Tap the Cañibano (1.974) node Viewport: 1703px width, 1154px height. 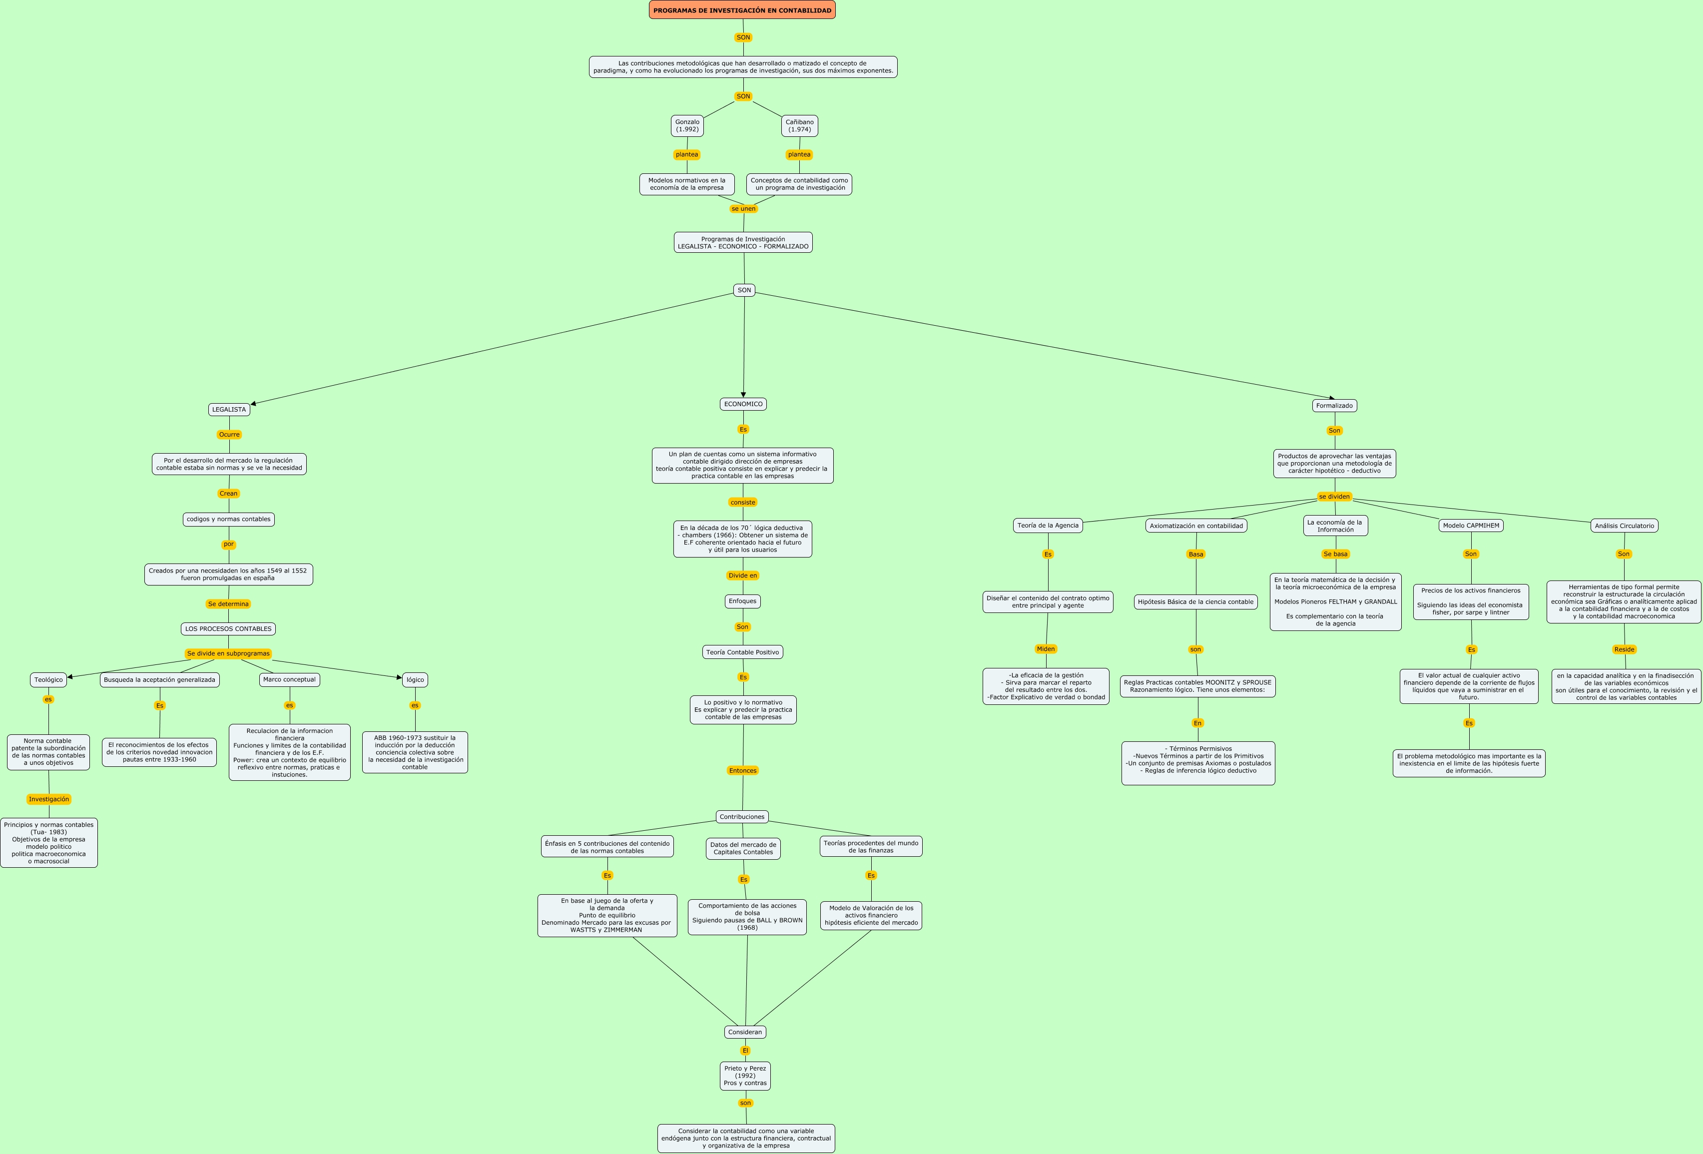click(799, 126)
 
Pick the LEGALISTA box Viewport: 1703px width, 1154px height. click(229, 410)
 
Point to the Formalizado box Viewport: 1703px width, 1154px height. click(1334, 406)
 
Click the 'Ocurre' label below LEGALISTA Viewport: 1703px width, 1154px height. click(229, 435)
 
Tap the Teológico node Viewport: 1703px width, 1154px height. click(48, 680)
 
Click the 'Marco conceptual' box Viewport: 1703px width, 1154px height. click(289, 680)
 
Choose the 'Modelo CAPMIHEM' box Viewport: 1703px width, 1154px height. click(1471, 526)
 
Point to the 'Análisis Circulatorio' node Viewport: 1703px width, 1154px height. click(1624, 526)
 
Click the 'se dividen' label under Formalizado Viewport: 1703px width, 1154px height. click(1334, 497)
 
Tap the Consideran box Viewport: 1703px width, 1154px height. click(745, 1033)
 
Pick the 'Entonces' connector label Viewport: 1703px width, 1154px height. click(742, 771)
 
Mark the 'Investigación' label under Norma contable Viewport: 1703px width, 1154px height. click(49, 799)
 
